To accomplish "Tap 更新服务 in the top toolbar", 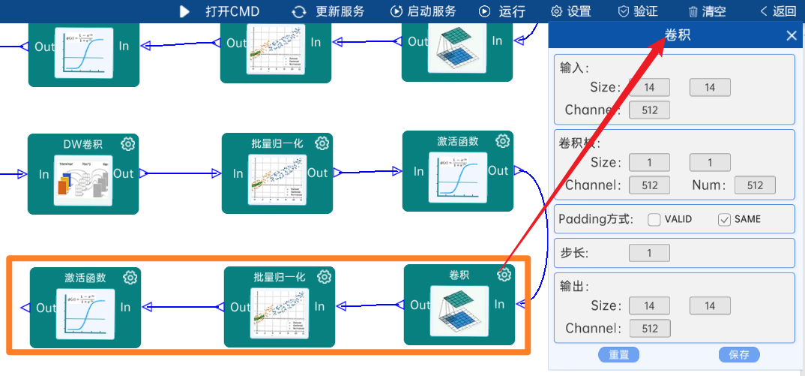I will pyautogui.click(x=328, y=11).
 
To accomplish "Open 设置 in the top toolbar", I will pyautogui.click(x=570, y=11).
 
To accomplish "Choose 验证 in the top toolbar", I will pyautogui.click(x=638, y=11).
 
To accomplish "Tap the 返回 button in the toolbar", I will pyautogui.click(x=778, y=11).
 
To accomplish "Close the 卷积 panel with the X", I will pyautogui.click(x=792, y=35).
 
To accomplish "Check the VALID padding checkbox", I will pyautogui.click(x=654, y=220).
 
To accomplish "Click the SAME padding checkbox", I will pyautogui.click(x=724, y=220).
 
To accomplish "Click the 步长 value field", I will pyautogui.click(x=649, y=253).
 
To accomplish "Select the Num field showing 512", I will pyautogui.click(x=755, y=185).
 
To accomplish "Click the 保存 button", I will pyautogui.click(x=739, y=355).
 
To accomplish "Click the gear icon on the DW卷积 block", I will pyautogui.click(x=128, y=143).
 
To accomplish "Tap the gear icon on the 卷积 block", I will pyautogui.click(x=504, y=275).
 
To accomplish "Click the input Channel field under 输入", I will pyautogui.click(x=649, y=110).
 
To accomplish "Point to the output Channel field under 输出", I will pyautogui.click(x=649, y=329).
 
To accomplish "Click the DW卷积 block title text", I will pyautogui.click(x=83, y=144).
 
